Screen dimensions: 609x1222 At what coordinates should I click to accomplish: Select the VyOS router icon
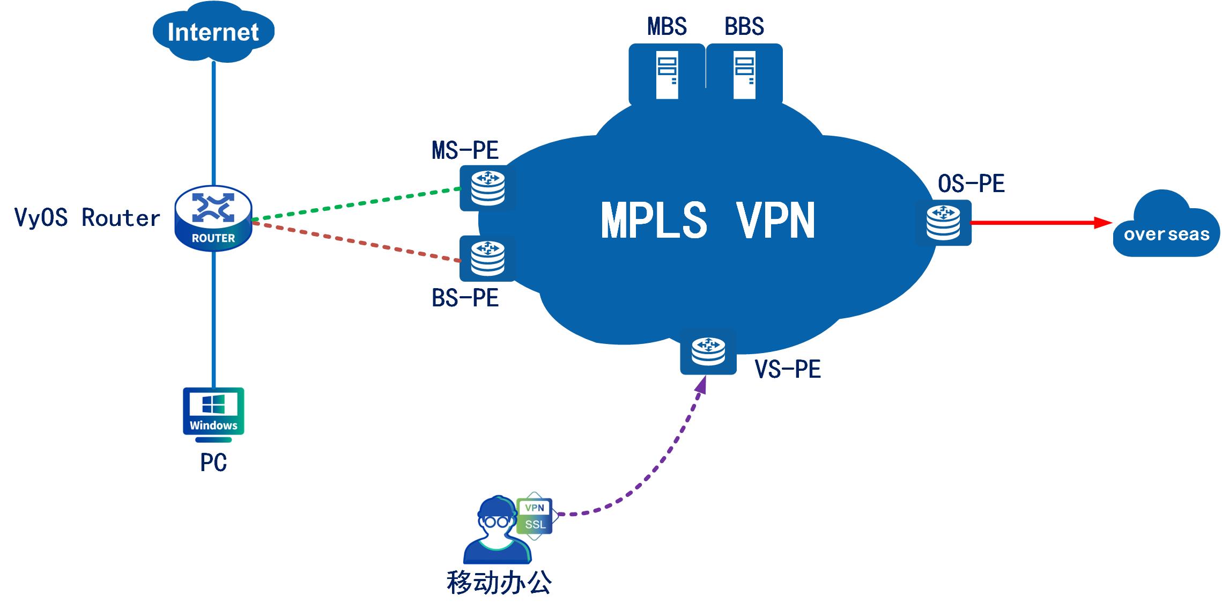tap(213, 218)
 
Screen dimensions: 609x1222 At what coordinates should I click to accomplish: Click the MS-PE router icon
tap(487, 188)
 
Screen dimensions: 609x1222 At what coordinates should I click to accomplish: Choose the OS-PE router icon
tap(944, 223)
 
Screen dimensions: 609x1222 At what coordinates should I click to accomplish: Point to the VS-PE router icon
tap(708, 351)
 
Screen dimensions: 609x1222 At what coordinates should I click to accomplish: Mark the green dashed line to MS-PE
tap(357, 204)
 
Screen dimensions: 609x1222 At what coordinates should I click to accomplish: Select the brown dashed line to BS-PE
tap(357, 242)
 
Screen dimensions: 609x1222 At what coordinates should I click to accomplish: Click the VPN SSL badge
tap(535, 516)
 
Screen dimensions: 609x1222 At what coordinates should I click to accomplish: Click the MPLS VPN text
tap(708, 220)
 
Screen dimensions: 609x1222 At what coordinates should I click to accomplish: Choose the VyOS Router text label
tap(87, 218)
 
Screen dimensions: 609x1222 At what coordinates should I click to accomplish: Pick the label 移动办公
tap(499, 583)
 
